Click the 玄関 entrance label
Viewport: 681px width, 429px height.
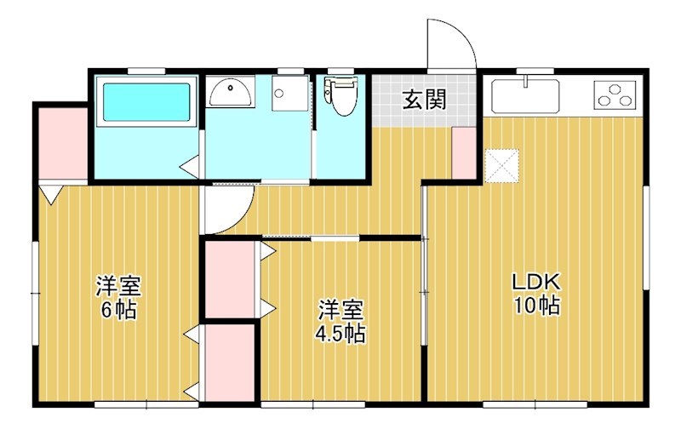pos(424,100)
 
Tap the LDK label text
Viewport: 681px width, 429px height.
pos(535,282)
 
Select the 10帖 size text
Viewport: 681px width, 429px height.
pos(535,306)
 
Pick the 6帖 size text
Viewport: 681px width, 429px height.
pos(118,309)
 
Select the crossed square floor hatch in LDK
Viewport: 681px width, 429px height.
pos(501,164)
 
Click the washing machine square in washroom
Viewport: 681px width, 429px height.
pos(289,93)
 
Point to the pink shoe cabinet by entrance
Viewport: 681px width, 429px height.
pos(464,152)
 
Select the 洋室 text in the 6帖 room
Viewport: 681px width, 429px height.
pos(118,285)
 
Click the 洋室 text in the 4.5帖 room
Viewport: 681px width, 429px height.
pos(341,308)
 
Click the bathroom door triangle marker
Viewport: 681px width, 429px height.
pos(192,166)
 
